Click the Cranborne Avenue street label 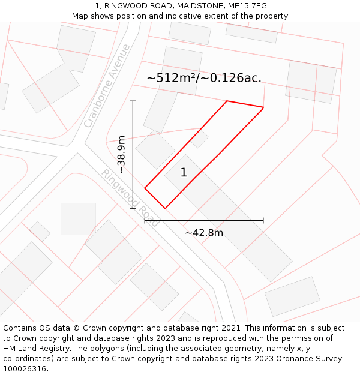(x=107, y=86)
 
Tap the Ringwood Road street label (x=130, y=198)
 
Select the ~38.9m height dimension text (x=121, y=155)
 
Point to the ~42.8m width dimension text (x=204, y=233)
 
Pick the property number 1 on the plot (x=184, y=173)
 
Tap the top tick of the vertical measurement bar (x=133, y=101)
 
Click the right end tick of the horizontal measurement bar (x=263, y=220)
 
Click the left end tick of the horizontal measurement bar (x=145, y=220)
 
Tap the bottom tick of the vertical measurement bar (x=133, y=209)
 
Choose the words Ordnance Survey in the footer (x=310, y=359)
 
